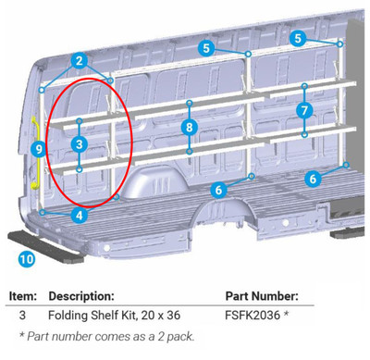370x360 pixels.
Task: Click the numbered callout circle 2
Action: (80, 61)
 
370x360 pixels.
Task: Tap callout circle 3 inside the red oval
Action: (80, 144)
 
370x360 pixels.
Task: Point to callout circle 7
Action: (304, 110)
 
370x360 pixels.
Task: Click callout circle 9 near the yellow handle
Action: (38, 148)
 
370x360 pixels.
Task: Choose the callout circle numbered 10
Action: (26, 259)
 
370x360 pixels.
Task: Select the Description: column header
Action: (82, 296)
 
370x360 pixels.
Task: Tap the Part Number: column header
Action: (262, 296)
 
